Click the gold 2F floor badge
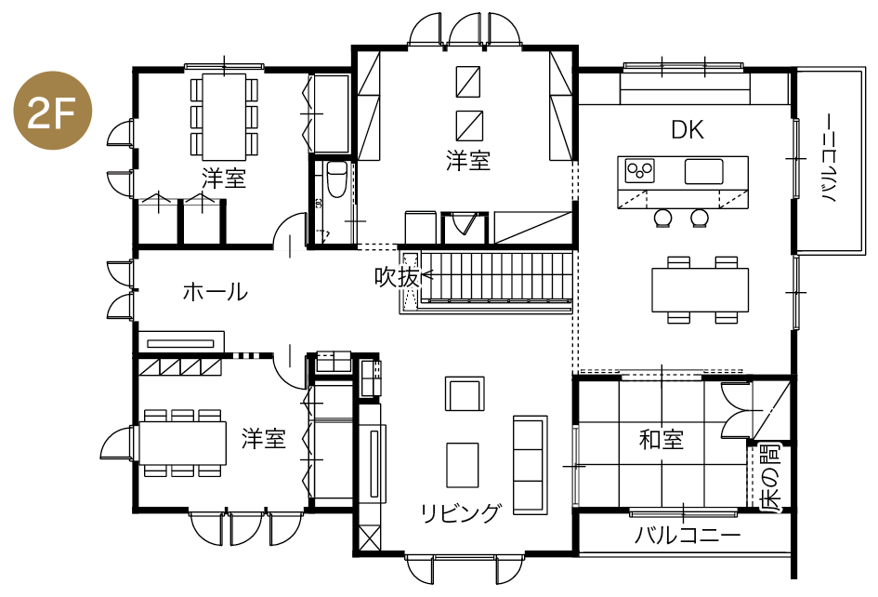pyautogui.click(x=52, y=111)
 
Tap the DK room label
pyautogui.click(x=688, y=130)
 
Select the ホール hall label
pyautogui.click(x=215, y=291)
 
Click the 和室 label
pyautogui.click(x=662, y=440)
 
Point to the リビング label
pyautogui.click(x=460, y=512)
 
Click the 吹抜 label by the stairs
pyautogui.click(x=397, y=276)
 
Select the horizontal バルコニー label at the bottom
pyautogui.click(x=687, y=536)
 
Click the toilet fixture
pyautogui.click(x=336, y=179)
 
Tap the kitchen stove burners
pyautogui.click(x=639, y=170)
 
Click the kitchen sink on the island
pyautogui.click(x=704, y=171)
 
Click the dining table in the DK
pyautogui.click(x=700, y=290)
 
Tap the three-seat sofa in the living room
pyautogui.click(x=530, y=465)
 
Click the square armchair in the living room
pyautogui.click(x=465, y=393)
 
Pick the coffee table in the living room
pyautogui.click(x=463, y=465)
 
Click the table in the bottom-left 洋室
pyautogui.click(x=182, y=443)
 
